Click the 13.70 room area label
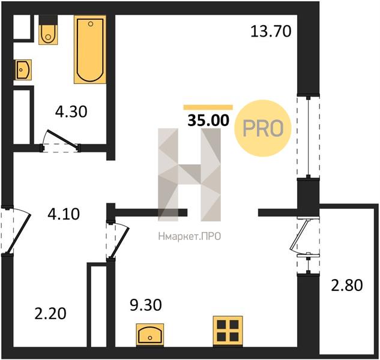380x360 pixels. (x=271, y=32)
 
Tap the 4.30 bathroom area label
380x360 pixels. (x=71, y=112)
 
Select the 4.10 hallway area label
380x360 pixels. (x=64, y=214)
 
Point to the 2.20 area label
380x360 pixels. (x=50, y=314)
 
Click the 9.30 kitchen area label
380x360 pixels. (x=146, y=305)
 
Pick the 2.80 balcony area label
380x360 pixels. (x=347, y=285)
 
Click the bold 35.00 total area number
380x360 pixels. (x=208, y=121)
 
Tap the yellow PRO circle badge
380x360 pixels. (x=263, y=128)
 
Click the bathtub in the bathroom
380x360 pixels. (x=90, y=49)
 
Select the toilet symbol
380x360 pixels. (x=48, y=29)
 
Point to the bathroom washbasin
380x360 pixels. (x=23, y=70)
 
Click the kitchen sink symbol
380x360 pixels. (x=150, y=335)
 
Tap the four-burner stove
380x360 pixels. (x=228, y=331)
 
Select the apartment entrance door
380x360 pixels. (x=15, y=230)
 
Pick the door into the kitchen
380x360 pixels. (x=118, y=241)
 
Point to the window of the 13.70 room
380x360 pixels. (x=309, y=137)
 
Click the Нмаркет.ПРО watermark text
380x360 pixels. (x=190, y=236)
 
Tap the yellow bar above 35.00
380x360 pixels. (x=208, y=107)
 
